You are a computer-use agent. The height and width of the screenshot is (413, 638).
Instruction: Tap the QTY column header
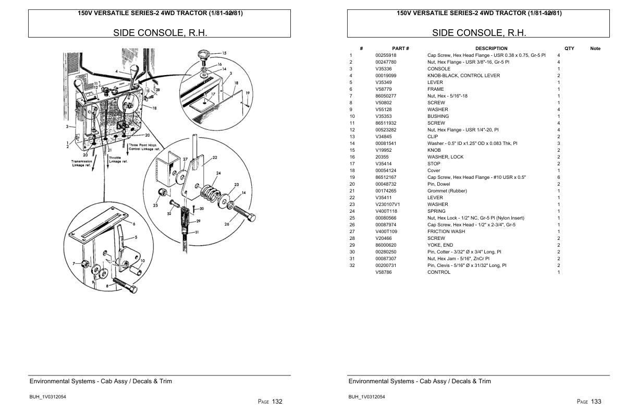tap(569, 48)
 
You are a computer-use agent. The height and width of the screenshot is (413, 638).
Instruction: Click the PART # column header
tap(400, 48)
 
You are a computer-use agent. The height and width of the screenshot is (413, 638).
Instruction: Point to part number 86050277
tap(386, 96)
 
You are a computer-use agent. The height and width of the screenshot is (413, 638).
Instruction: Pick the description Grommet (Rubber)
tap(447, 191)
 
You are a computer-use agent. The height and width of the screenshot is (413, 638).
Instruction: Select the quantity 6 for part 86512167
tap(559, 177)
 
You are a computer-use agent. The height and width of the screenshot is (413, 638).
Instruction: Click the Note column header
tap(595, 48)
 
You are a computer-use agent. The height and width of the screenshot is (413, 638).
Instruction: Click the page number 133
tap(595, 402)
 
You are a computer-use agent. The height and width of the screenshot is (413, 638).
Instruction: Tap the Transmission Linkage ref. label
tap(82, 164)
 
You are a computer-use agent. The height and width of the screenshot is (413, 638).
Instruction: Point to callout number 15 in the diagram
tap(224, 53)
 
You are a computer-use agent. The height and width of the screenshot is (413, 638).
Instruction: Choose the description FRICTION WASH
tap(446, 232)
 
